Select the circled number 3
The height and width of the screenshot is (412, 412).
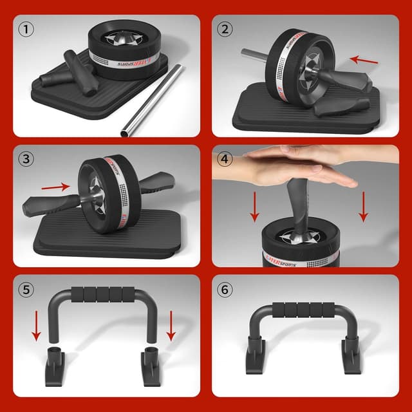pos(26,158)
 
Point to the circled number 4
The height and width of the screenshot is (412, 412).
pos(225,158)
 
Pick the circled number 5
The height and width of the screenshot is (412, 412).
pos(26,290)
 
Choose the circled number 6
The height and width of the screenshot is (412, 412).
pos(225,290)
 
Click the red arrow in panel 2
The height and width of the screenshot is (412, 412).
pos(363,61)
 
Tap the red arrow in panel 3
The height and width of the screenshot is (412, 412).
pos(54,187)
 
